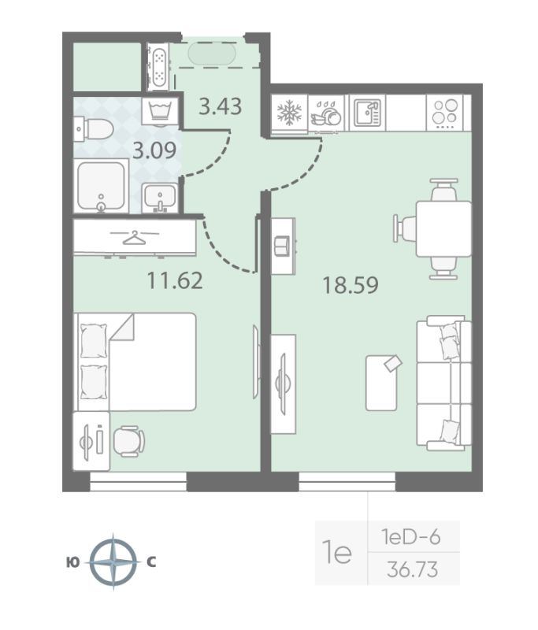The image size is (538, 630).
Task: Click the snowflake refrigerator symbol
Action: pos(289,113)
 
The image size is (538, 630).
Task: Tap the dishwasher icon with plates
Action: pos(326,113)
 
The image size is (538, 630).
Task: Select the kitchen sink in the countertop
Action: pos(366,113)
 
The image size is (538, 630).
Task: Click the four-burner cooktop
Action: pos(445,112)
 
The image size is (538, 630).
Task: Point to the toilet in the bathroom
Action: pos(94,129)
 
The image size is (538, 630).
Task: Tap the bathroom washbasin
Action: pos(160,198)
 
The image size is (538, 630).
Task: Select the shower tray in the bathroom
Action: pos(101,186)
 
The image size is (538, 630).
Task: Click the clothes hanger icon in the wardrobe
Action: pos(135,238)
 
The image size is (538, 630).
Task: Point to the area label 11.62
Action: pos(175,280)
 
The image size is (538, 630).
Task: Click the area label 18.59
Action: pos(351,285)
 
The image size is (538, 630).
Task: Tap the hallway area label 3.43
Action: pos(221,106)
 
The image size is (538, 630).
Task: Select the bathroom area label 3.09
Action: pos(154,150)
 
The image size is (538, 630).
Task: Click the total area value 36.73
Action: pos(413,569)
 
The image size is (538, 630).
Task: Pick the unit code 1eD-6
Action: pos(411,537)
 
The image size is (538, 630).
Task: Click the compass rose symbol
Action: pos(113,561)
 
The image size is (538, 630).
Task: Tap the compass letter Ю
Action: pos(72,562)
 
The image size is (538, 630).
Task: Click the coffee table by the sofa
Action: pos(382,383)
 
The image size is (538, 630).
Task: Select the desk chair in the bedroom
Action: pos(128,441)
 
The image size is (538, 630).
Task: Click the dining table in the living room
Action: pos(443,229)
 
